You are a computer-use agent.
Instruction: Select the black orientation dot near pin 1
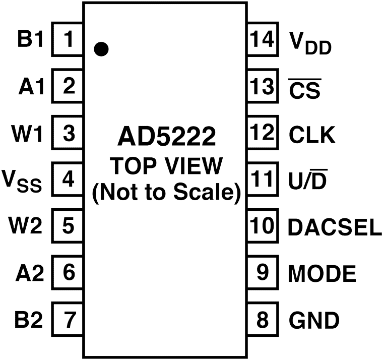click(101, 49)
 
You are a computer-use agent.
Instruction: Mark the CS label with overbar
click(304, 89)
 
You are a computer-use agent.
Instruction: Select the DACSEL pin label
click(335, 227)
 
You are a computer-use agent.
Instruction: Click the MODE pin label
click(322, 274)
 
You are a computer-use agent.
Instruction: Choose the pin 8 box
click(262, 320)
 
